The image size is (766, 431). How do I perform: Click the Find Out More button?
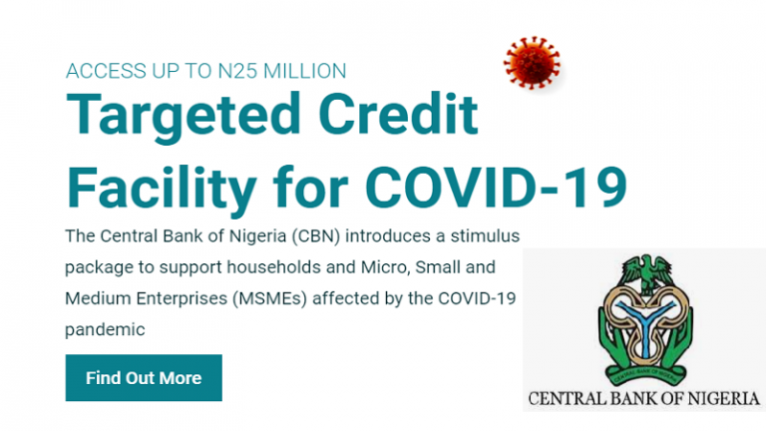(144, 378)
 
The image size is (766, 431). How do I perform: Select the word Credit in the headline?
(407, 119)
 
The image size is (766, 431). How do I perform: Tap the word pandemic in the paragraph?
(105, 328)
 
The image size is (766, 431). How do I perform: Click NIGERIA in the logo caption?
(716, 399)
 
